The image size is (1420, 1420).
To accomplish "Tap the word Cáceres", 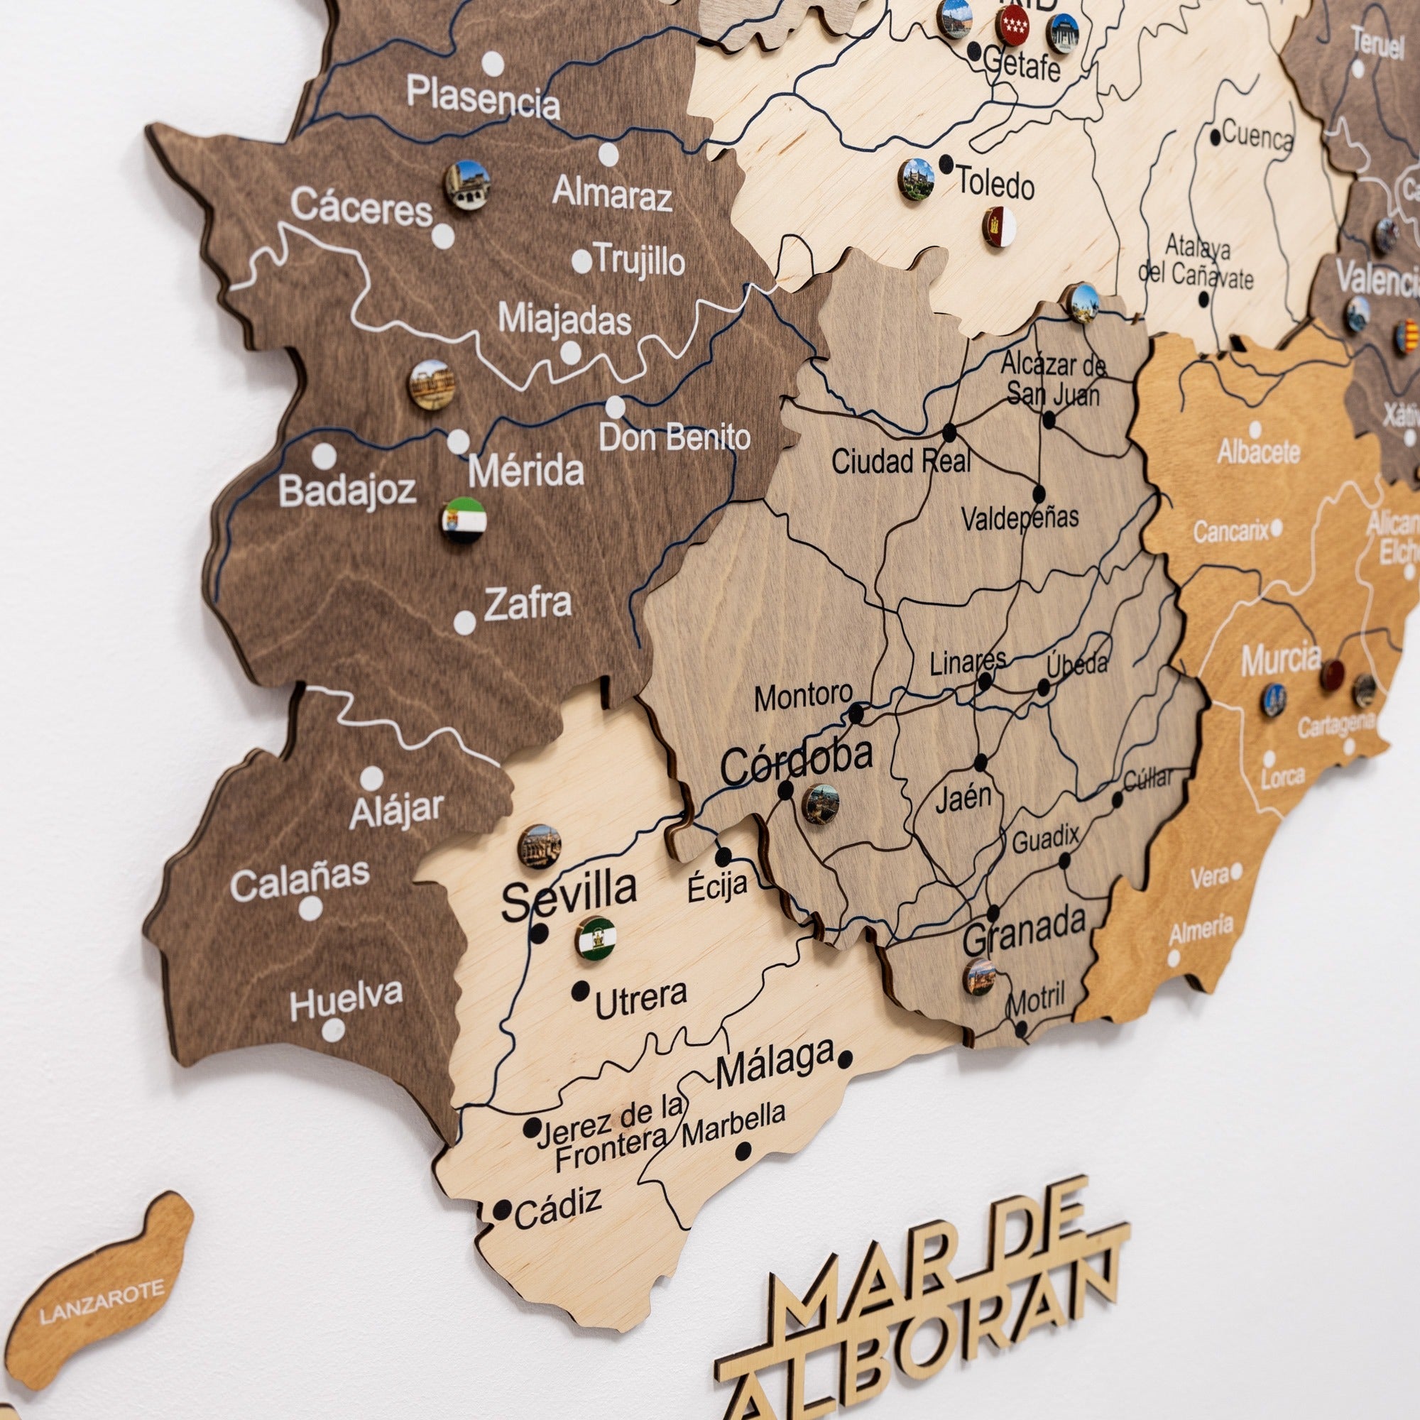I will pyautogui.click(x=361, y=208).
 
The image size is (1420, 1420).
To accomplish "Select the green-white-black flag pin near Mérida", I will pyautogui.click(x=463, y=520).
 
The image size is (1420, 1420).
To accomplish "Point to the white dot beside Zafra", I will pyautogui.click(x=464, y=623).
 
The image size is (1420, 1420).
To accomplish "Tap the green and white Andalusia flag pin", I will pyautogui.click(x=596, y=938).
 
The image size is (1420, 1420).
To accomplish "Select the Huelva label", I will pyautogui.click(x=346, y=1000).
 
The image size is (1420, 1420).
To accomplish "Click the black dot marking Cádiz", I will pyautogui.click(x=502, y=1210).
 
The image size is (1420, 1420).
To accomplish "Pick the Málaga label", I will pyautogui.click(x=774, y=1066).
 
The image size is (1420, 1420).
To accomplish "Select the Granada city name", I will pyautogui.click(x=1024, y=932).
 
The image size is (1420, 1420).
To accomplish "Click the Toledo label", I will pyautogui.click(x=995, y=183).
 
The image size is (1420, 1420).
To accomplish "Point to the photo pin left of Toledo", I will pyautogui.click(x=916, y=179).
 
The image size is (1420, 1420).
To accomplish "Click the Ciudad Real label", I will pyautogui.click(x=900, y=461).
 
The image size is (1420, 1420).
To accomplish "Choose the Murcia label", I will pyautogui.click(x=1280, y=660).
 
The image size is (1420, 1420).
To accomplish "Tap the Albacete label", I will pyautogui.click(x=1258, y=452).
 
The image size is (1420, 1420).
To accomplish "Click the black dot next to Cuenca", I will pyautogui.click(x=1216, y=136).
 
